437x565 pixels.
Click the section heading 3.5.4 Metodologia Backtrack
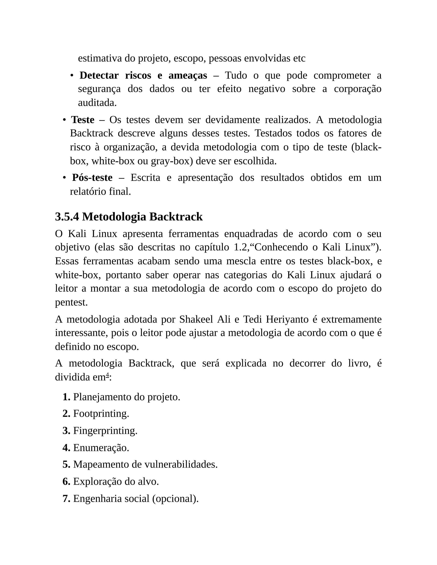[129, 217]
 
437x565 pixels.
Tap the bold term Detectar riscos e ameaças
[143, 75]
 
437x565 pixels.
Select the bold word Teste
[83, 120]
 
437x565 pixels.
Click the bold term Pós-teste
[92, 178]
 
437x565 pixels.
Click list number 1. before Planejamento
[67, 397]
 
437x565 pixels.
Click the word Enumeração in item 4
[101, 448]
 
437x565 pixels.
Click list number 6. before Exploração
[67, 482]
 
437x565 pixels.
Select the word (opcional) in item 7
[175, 499]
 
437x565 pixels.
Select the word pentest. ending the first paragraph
[71, 302]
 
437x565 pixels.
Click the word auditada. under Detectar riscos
[97, 103]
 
